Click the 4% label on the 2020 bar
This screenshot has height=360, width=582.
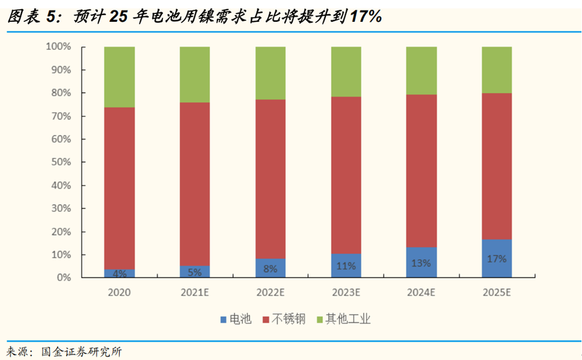pyautogui.click(x=119, y=273)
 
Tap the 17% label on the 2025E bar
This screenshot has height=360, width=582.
pyautogui.click(x=497, y=258)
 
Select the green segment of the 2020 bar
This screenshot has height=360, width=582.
pyautogui.click(x=119, y=77)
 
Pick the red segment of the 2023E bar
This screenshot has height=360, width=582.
pyautogui.click(x=346, y=175)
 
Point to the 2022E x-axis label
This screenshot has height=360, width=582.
pyautogui.click(x=270, y=292)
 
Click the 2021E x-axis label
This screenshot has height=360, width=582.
pyautogui.click(x=195, y=292)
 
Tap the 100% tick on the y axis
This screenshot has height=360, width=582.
pyautogui.click(x=59, y=47)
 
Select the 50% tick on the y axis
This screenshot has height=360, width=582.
pyautogui.click(x=61, y=162)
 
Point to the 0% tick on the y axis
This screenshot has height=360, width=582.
pyautogui.click(x=64, y=278)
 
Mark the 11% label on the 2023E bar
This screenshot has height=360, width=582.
pyautogui.click(x=346, y=265)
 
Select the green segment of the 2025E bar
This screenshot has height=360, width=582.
pyautogui.click(x=497, y=70)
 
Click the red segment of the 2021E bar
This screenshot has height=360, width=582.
pyautogui.click(x=195, y=184)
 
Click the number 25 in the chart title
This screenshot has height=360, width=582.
pyautogui.click(x=121, y=16)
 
